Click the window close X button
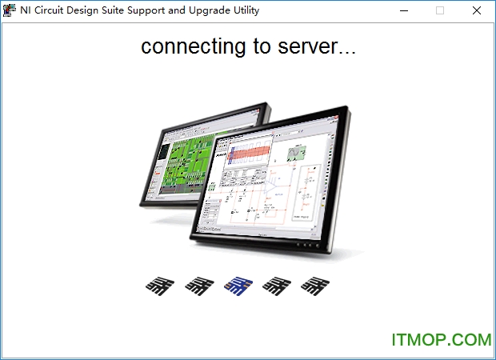pos(477,10)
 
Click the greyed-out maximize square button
pos(439,10)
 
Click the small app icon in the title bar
pos(10,10)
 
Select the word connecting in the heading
pos(194,46)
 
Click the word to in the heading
pos(263,46)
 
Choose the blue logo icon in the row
pos(238,284)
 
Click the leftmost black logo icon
pos(160,284)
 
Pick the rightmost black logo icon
pos(315,284)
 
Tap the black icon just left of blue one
pos(199,284)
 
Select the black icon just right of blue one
pos(278,284)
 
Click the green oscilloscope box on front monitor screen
pos(296,152)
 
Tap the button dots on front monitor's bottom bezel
pos(308,243)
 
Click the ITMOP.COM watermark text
pos(441,340)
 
